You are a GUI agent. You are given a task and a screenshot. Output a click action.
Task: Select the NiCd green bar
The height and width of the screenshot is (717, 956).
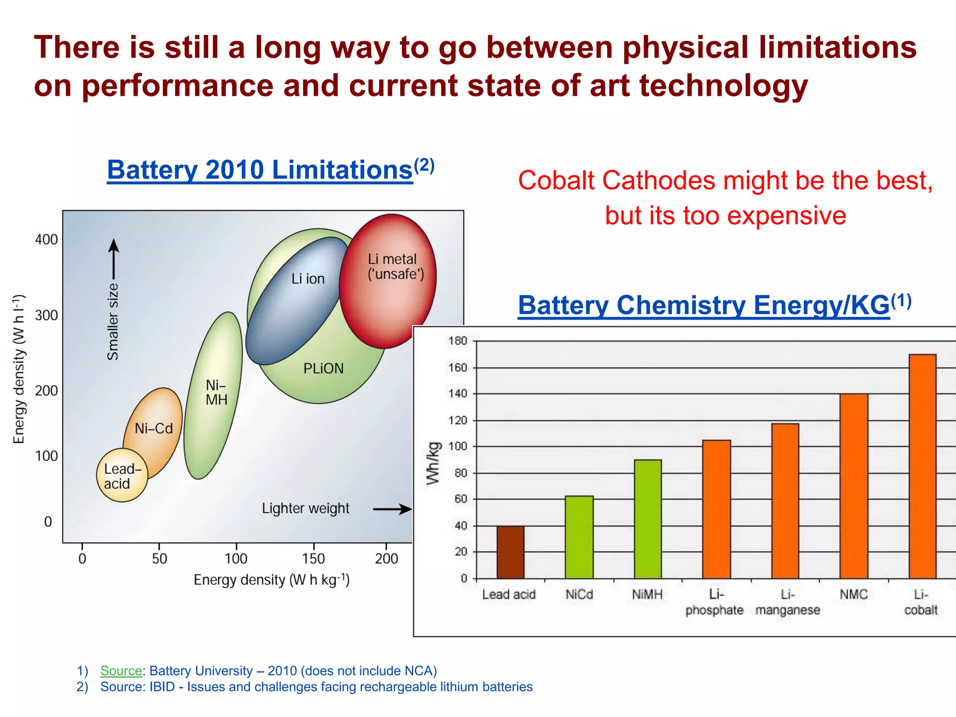579,537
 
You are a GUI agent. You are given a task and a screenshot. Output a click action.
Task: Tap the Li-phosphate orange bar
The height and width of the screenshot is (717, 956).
717,509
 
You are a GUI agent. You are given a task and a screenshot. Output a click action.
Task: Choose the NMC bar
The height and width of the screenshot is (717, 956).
854,486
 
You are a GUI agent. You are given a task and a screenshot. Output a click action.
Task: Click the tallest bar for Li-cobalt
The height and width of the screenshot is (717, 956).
922,466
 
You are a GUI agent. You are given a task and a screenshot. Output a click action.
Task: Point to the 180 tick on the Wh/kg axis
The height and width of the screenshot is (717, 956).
458,341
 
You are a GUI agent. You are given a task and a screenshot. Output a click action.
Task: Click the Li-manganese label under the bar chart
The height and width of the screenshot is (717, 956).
787,602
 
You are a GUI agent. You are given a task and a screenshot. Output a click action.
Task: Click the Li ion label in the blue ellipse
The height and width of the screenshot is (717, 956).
308,279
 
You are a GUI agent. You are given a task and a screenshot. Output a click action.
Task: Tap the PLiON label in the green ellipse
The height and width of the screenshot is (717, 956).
323,369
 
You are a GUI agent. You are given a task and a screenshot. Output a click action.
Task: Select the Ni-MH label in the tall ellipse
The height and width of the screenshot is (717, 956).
216,392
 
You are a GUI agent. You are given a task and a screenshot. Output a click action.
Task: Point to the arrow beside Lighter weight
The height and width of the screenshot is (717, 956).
392,509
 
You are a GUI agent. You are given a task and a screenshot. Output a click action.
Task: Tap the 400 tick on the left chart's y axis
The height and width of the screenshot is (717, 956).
47,239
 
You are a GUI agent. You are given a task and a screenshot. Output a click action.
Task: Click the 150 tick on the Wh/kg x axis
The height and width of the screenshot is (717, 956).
313,558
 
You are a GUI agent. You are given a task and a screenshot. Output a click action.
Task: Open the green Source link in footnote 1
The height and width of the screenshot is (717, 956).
121,671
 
